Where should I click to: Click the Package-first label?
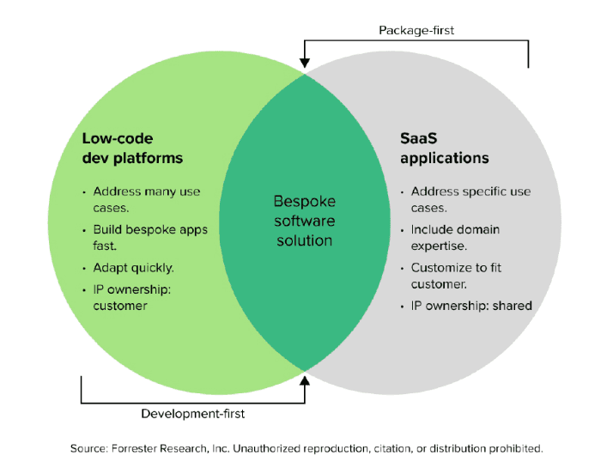(x=416, y=31)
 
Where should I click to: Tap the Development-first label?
(x=192, y=414)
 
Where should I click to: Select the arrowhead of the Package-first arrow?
(x=305, y=63)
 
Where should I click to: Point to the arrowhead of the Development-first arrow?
(x=305, y=380)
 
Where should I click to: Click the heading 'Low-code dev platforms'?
(x=132, y=149)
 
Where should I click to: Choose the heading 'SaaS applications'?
(x=445, y=149)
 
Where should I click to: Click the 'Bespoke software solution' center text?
(x=305, y=221)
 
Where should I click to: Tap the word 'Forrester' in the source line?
(x=133, y=448)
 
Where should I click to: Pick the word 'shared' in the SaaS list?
(x=513, y=306)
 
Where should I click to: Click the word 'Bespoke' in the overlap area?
(x=305, y=202)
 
